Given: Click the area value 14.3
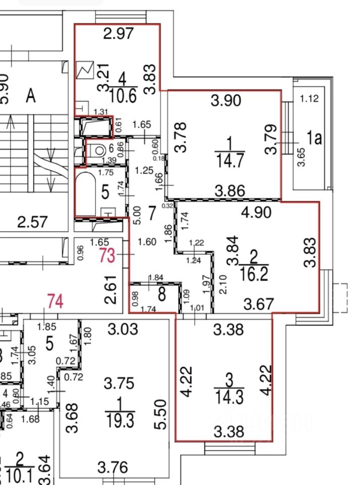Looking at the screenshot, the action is tap(229, 396).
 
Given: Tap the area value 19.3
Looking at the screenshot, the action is tap(120, 418).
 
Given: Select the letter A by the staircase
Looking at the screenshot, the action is tap(31, 96).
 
